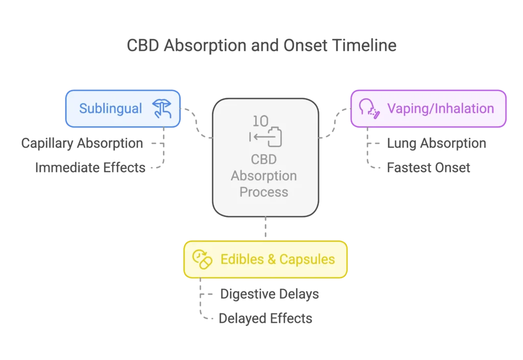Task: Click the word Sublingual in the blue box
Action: [x=110, y=108]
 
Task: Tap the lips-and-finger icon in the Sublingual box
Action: [x=161, y=108]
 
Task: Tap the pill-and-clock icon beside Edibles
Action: [x=202, y=259]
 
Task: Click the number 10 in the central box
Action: [x=260, y=121]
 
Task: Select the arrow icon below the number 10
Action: [x=266, y=136]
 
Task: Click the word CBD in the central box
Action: [x=263, y=159]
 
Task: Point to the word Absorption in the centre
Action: [x=264, y=176]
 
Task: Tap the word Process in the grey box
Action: [x=264, y=192]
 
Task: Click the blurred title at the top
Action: [x=261, y=46]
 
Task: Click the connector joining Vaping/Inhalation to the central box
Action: [x=334, y=123]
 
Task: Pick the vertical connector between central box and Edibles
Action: [x=265, y=228]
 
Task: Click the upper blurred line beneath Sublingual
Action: [x=82, y=144]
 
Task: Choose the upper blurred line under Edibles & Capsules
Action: [x=271, y=295]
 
